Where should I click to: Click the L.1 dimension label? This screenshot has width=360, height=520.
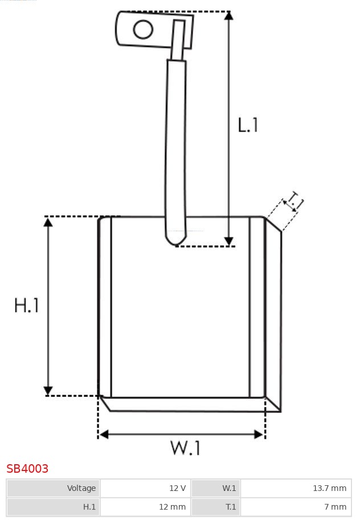click(248, 125)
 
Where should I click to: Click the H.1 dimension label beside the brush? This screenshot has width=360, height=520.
click(27, 305)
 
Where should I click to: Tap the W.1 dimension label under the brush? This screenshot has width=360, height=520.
click(186, 448)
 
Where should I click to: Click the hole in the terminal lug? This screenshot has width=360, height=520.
click(144, 30)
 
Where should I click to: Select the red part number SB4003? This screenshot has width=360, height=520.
click(27, 469)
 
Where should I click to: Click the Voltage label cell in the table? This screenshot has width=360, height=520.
click(54, 488)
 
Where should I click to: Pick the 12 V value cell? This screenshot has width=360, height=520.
click(145, 488)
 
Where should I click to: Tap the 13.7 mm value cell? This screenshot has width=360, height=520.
click(296, 488)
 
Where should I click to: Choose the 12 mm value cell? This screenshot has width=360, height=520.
click(145, 506)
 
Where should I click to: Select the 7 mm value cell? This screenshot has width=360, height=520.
click(296, 506)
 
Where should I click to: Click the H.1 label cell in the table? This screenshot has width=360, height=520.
click(54, 506)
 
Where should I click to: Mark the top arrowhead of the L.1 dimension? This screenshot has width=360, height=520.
click(228, 15)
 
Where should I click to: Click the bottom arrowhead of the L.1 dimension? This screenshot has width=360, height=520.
click(228, 241)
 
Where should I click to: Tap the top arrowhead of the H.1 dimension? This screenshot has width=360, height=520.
click(48, 222)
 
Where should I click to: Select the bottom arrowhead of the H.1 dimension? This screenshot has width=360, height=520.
click(48, 391)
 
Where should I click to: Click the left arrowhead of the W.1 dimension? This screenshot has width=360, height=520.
click(103, 435)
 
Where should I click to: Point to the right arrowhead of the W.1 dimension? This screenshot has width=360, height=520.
click(259, 435)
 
